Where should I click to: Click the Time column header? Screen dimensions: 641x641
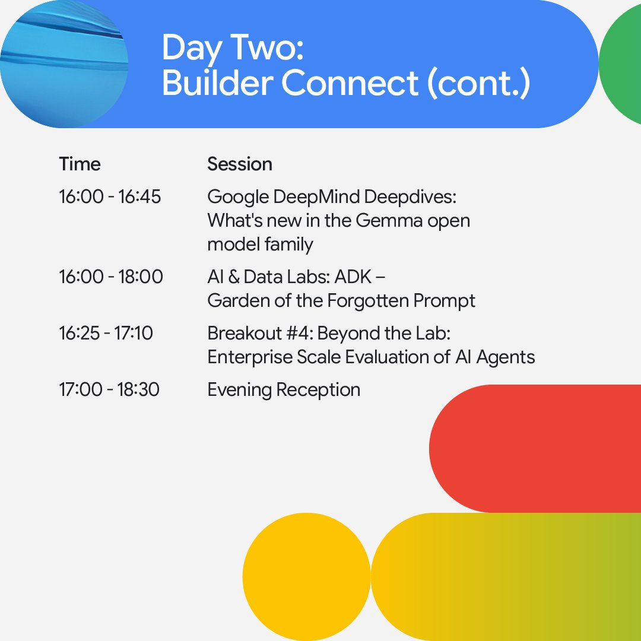click(80, 164)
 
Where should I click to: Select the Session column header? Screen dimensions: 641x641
click(240, 164)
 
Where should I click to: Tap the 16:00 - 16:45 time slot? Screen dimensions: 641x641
click(110, 196)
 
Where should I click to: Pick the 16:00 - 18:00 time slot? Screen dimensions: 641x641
click(111, 277)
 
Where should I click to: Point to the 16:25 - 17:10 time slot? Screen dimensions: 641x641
click(106, 333)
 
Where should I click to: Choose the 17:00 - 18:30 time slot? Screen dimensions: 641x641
click(109, 389)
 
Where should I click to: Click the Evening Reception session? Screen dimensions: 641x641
click(284, 389)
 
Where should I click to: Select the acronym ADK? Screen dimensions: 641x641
click(353, 277)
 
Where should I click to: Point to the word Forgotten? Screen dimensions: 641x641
click(367, 301)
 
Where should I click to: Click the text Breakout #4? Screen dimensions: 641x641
click(260, 333)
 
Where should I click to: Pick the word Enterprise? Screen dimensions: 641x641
click(250, 357)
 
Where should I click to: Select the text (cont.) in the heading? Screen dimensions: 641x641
click(479, 84)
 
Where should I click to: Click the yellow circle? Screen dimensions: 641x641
click(306, 577)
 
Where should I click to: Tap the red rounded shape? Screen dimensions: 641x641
click(535, 449)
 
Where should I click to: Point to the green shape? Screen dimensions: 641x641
click(621, 64)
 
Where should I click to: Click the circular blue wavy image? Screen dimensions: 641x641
click(64, 64)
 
